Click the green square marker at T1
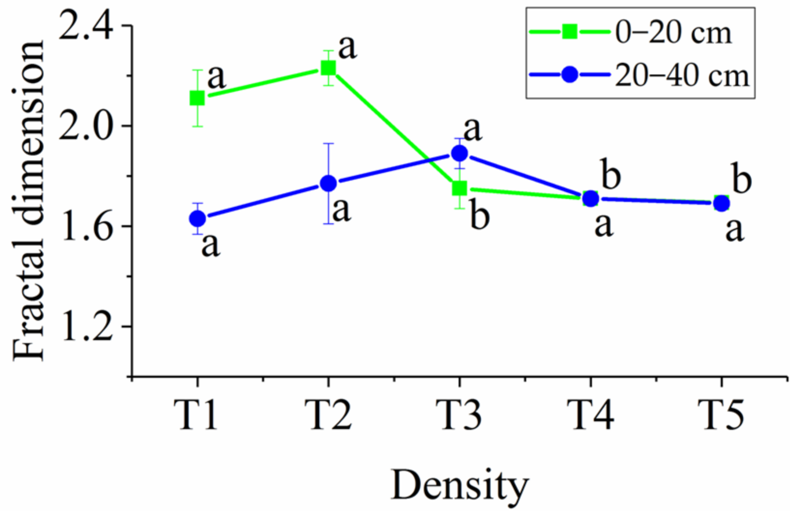pos(197,99)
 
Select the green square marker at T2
pos(328,68)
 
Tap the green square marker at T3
pos(460,188)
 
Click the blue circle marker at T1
pos(197,219)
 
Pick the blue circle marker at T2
pos(328,183)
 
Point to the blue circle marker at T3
pos(460,154)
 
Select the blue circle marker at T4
pos(591,198)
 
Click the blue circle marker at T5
pos(722,203)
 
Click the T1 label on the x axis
pos(197,415)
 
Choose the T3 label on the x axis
pos(460,415)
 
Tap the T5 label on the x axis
pos(722,415)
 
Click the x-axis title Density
pos(460,486)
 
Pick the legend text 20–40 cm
pos(682,76)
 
